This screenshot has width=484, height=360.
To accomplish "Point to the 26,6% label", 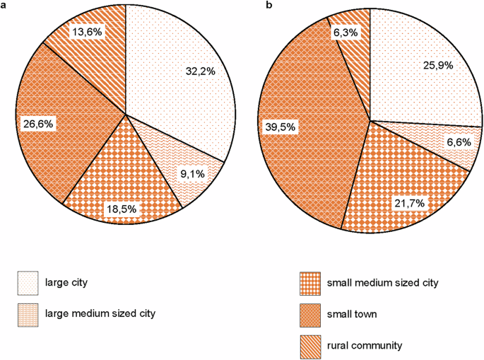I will coord(37,124).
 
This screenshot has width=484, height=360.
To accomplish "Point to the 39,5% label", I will coord(280,127).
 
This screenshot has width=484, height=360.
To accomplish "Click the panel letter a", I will coord(4,6).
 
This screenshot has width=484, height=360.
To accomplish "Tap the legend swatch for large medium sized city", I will coord(29,312).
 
